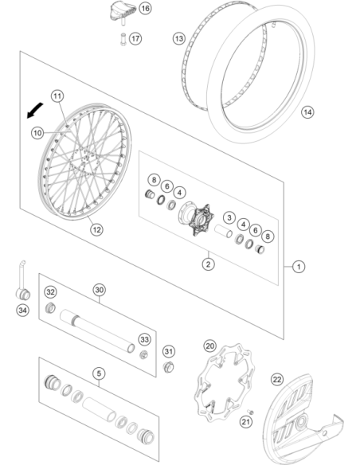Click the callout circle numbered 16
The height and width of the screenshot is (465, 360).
point(145,8)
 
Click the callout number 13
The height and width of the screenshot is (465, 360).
point(179,39)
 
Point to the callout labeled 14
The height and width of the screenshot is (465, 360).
point(307,112)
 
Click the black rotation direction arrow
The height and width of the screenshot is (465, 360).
point(35,111)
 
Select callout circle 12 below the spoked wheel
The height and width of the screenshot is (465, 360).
point(96,229)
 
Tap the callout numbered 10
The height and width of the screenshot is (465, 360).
point(37,133)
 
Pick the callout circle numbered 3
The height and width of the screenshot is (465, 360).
point(229,217)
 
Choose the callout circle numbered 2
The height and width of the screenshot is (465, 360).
point(208,264)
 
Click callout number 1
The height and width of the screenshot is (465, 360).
point(299,267)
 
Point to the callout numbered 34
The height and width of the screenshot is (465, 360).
point(23,311)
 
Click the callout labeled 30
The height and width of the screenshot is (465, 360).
point(99,290)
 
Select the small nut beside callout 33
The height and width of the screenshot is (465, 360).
point(144,354)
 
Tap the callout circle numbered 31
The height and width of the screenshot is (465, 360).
point(169,351)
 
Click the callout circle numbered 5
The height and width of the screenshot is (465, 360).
point(99,373)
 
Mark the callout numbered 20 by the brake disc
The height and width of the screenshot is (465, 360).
point(210,346)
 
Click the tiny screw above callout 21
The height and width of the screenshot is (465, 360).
point(251,412)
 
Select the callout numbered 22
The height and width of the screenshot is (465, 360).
point(277,379)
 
